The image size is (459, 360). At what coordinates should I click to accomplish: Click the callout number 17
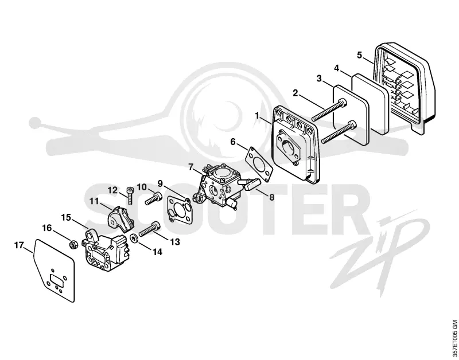point(19,245)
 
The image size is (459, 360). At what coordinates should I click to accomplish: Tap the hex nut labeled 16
point(73,244)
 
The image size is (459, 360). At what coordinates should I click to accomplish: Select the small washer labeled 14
point(134,238)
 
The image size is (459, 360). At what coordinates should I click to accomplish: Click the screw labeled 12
point(130,195)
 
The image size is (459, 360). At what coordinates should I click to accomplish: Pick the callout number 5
point(360,54)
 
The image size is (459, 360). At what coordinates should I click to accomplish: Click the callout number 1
point(257,116)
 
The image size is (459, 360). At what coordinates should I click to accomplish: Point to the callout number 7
point(191,167)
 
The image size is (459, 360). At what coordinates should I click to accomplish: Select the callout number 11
point(94,201)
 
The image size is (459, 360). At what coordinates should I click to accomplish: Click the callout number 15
point(66,218)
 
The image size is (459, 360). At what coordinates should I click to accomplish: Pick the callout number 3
point(319,79)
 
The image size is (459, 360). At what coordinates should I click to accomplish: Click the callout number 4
point(337,68)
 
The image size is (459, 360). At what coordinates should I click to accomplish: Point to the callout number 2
point(295,93)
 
